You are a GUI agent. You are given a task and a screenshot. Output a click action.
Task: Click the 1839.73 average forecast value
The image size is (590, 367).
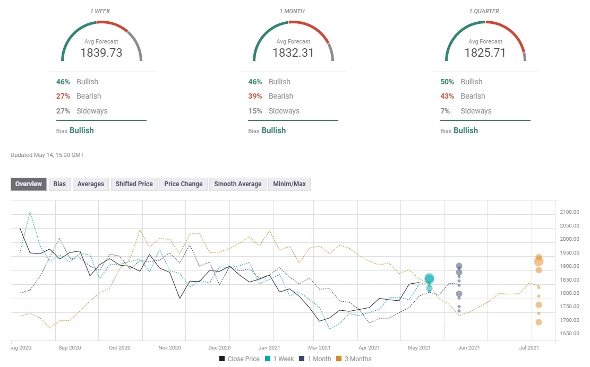(x=101, y=53)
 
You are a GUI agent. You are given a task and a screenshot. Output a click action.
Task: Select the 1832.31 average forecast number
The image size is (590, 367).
(x=293, y=53)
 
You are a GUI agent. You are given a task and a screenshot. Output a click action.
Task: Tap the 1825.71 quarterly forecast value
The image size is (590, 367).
(x=485, y=53)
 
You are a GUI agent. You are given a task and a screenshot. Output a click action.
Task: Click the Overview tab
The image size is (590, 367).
(x=29, y=184)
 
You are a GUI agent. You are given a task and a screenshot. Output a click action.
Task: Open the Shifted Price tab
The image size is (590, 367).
(x=134, y=184)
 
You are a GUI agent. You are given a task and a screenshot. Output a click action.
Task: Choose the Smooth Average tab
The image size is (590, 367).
(x=237, y=184)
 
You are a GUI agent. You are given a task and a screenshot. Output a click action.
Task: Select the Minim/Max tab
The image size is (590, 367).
(x=289, y=184)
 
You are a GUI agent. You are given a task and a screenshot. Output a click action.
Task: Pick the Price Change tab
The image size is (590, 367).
(x=183, y=184)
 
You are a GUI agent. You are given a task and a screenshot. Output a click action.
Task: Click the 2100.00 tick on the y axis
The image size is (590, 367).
(x=569, y=212)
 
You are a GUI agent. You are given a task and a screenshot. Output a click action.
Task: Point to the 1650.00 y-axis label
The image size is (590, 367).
(x=569, y=334)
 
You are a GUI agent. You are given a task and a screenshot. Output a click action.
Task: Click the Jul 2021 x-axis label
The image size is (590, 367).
(x=529, y=348)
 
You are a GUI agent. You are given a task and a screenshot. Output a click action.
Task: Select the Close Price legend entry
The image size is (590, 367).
(x=240, y=359)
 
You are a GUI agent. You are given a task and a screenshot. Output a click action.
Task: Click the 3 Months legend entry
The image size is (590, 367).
(x=351, y=359)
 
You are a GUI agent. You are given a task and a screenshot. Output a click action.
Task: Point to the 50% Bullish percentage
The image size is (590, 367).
(x=447, y=82)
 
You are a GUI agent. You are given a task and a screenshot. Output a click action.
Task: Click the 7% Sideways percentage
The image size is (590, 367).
(x=444, y=111)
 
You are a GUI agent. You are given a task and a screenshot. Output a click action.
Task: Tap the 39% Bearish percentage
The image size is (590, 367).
(x=255, y=96)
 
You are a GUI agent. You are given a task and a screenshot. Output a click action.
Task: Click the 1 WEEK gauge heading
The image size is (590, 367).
(x=101, y=11)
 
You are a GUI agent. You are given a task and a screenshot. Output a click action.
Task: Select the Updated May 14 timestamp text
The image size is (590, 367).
(x=47, y=155)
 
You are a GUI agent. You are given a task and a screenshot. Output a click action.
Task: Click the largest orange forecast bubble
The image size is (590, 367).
(x=538, y=261)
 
